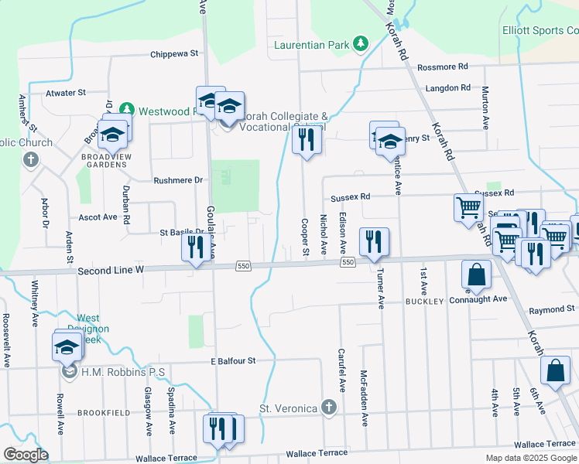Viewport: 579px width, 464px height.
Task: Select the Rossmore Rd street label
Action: click(443, 67)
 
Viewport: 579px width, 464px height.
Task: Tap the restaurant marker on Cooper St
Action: click(307, 140)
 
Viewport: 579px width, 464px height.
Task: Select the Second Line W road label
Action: click(111, 271)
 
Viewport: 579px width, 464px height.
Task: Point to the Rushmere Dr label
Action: click(177, 179)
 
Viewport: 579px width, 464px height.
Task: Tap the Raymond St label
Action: click(551, 310)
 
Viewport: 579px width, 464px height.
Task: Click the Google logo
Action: click(26, 455)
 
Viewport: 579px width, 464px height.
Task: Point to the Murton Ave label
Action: click(485, 107)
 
